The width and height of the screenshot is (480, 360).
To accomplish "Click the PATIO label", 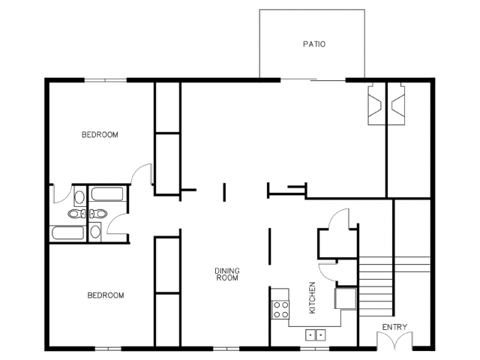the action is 314,44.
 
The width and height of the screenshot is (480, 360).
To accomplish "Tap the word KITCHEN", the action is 312,298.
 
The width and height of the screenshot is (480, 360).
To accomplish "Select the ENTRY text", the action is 394,327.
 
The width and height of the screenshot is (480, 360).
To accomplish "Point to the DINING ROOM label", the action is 227,274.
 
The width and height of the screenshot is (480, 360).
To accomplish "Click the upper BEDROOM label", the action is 100,135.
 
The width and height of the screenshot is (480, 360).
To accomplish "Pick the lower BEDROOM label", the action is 106,295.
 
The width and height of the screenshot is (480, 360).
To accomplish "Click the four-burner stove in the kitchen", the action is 280,310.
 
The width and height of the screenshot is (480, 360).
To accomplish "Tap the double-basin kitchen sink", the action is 315,335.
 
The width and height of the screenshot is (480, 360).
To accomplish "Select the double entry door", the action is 394,340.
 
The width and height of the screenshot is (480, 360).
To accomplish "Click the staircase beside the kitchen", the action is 376,286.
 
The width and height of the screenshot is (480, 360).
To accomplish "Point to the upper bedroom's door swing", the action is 142,174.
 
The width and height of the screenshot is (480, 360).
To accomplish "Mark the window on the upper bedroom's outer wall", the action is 105,80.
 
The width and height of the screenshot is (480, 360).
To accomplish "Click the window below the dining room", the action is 226,349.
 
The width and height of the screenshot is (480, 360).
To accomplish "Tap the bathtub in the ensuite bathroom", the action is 67,233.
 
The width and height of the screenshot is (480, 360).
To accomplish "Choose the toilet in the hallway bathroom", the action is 98,213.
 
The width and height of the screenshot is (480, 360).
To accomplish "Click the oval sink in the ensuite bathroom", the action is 79,197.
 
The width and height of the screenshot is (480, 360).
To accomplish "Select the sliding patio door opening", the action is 313,80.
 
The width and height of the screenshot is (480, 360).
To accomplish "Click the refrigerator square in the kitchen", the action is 346,298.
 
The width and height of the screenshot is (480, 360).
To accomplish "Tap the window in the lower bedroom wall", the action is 108,349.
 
